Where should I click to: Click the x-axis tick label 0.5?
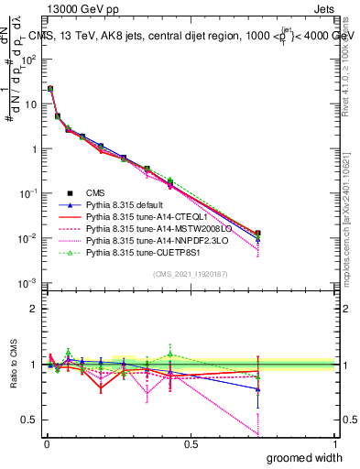(190, 443)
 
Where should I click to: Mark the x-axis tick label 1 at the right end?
(334, 443)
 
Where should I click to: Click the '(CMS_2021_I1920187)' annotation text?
(189, 274)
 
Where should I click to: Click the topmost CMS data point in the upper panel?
(49, 89)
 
